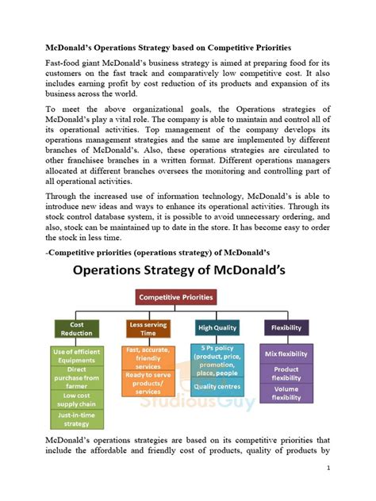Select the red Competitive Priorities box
tap(177, 298)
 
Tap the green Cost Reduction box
tap(76, 328)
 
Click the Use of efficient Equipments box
tap(77, 355)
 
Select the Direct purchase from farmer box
tap(77, 375)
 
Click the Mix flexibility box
tap(286, 353)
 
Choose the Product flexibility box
tap(286, 373)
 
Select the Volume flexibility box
tap(286, 393)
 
